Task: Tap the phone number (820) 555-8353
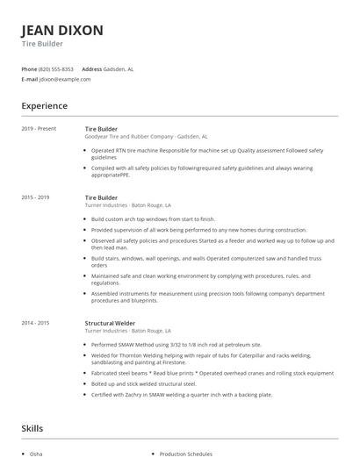point(56,68)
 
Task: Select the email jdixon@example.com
point(65,79)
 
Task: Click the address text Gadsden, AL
point(119,68)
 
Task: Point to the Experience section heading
point(45,105)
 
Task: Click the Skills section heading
point(33,429)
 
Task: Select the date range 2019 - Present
point(40,129)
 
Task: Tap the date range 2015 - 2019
point(37,197)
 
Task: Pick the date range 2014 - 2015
point(37,323)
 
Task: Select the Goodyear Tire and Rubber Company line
point(146,137)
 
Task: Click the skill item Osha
point(36,454)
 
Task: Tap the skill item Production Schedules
point(187,454)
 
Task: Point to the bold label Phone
point(30,68)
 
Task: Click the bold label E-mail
point(30,79)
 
